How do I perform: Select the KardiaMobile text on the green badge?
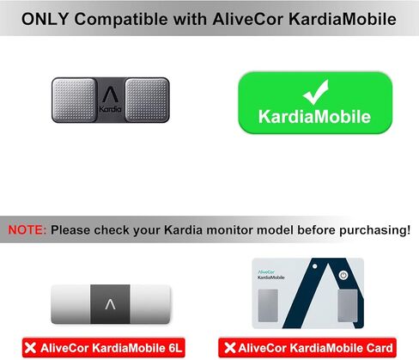tap(315, 116)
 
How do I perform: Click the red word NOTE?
tap(27, 230)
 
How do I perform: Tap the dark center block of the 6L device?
tap(110, 303)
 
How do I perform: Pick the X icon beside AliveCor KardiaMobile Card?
tap(228, 348)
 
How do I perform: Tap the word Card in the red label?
tap(379, 348)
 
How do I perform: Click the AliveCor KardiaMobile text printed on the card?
tap(274, 276)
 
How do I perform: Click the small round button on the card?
tap(343, 276)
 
